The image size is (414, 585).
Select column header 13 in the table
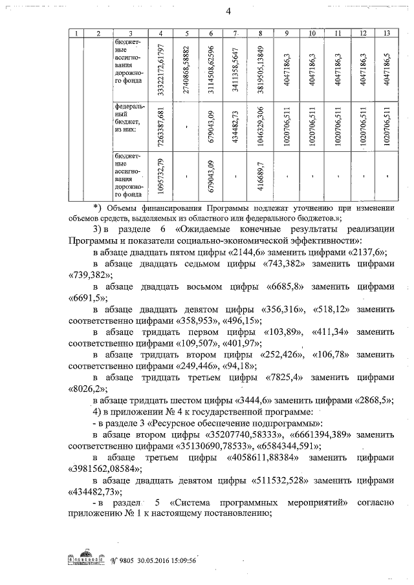tap(386, 32)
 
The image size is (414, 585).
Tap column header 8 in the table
tap(259, 32)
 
